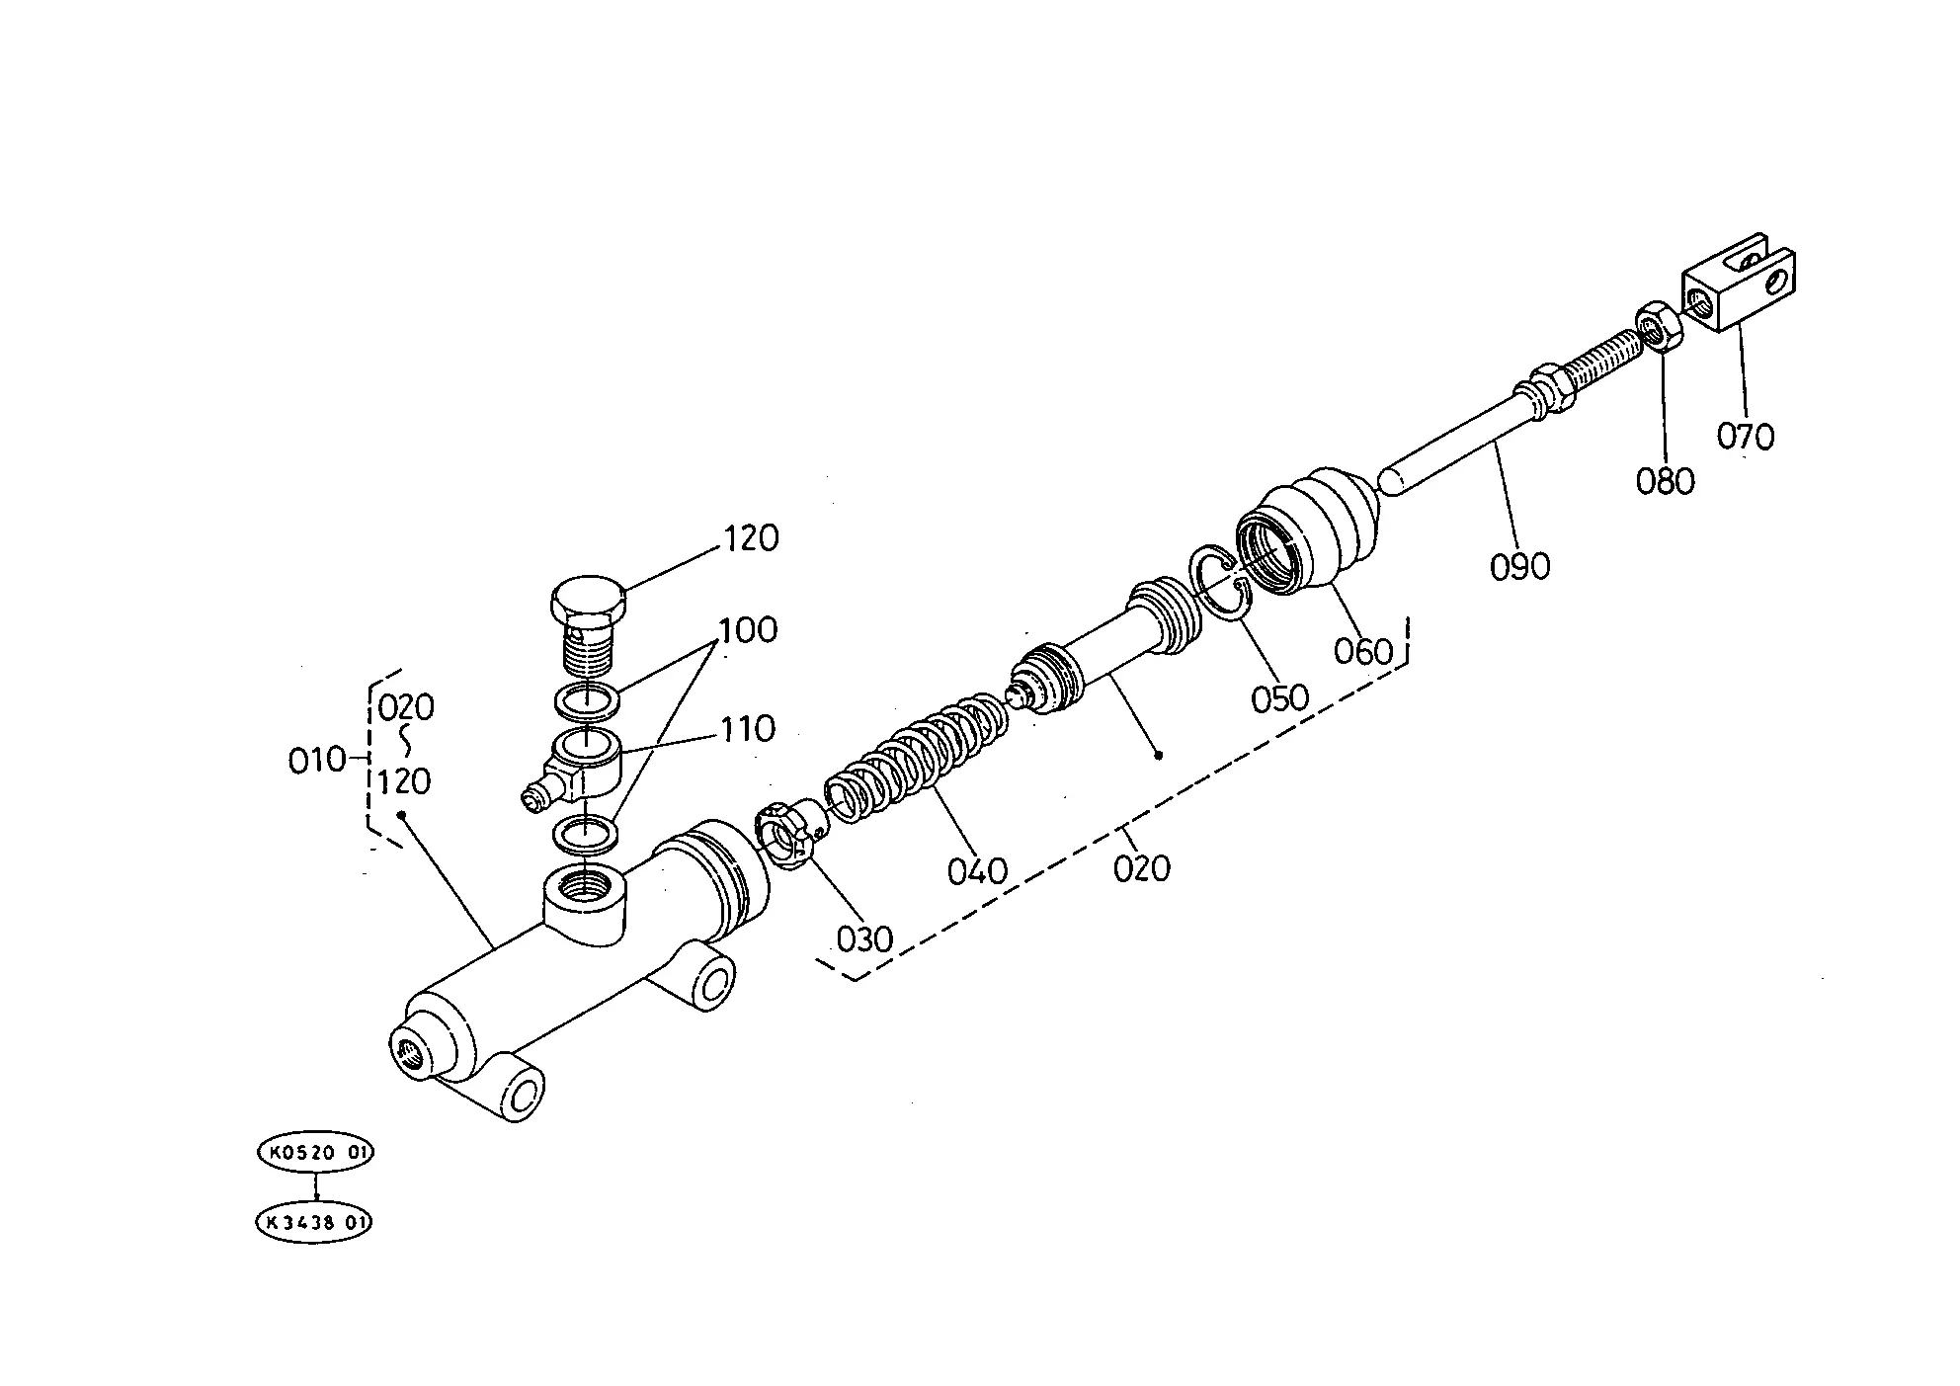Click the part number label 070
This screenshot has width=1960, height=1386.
tap(1745, 436)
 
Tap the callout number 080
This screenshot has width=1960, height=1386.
tap(1665, 481)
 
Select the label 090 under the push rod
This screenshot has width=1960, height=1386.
tap(1520, 566)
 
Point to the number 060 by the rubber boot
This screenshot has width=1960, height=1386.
tap(1362, 651)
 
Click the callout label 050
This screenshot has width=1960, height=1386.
tap(1279, 697)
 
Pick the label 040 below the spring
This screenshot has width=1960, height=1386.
tap(977, 871)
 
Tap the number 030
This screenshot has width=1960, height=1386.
tap(864, 938)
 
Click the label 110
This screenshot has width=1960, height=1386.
tap(748, 729)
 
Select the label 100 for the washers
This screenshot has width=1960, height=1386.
tap(748, 630)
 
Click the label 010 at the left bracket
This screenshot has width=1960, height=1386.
tap(316, 760)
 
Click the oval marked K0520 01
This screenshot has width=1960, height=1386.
tap(316, 1152)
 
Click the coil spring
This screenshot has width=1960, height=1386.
tap(919, 751)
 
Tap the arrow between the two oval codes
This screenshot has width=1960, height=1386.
tap(316, 1186)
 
